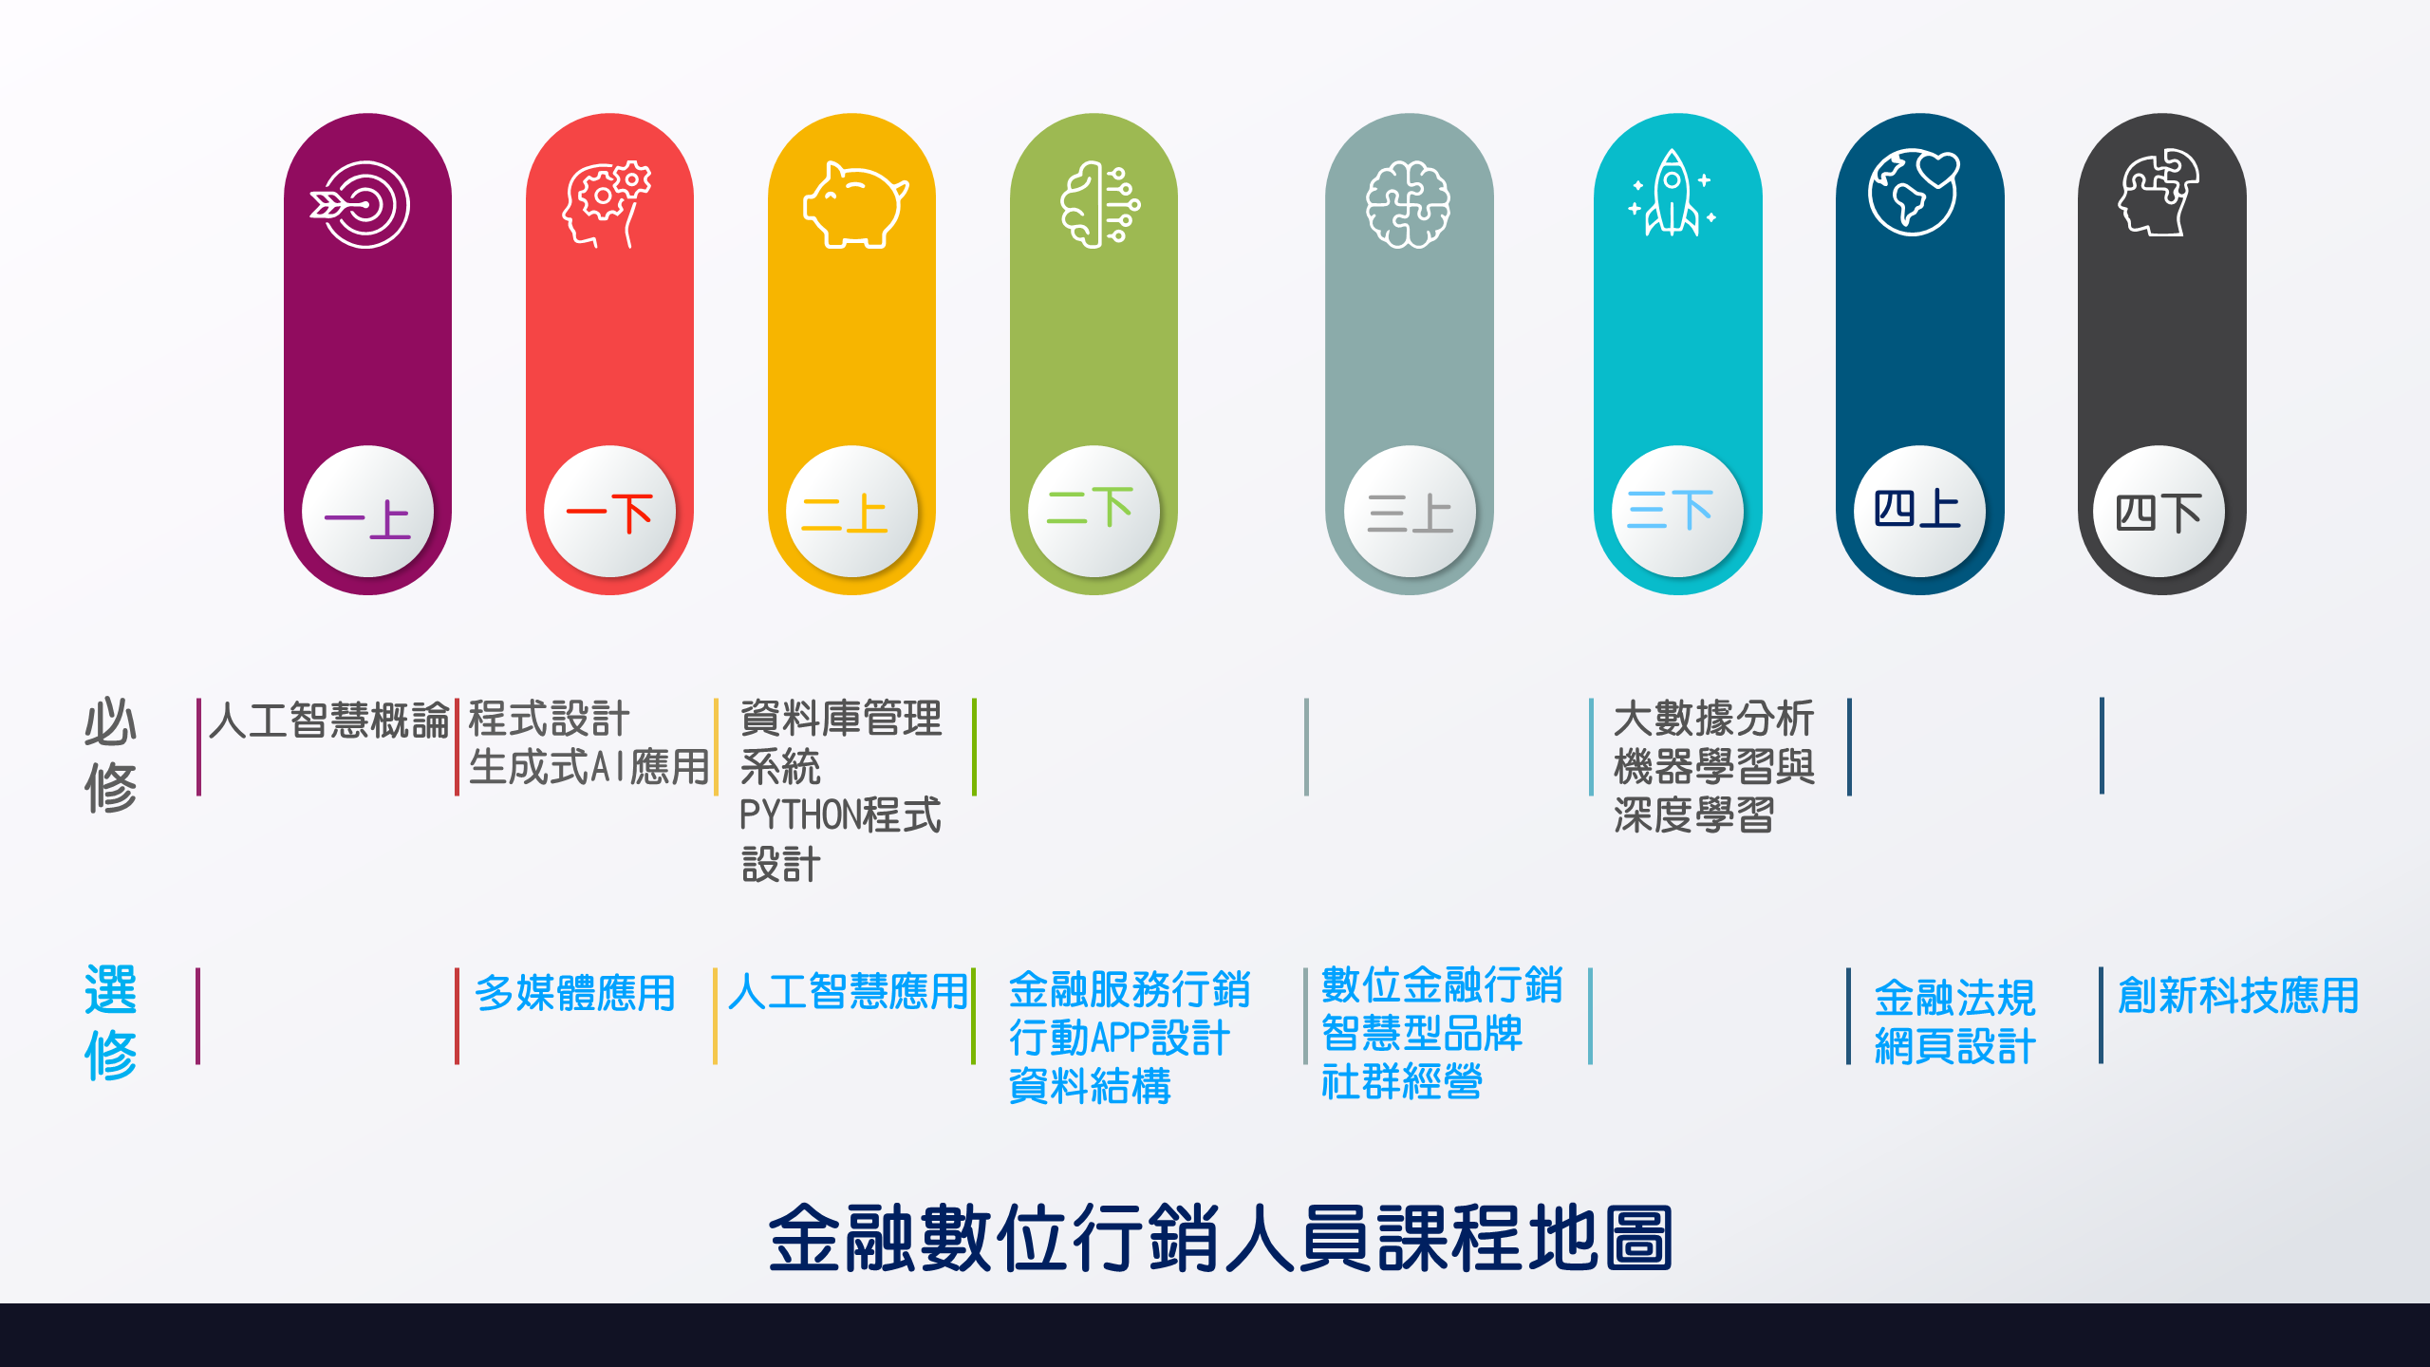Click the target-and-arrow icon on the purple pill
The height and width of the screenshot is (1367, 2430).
[x=360, y=204]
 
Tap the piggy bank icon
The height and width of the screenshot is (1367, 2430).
[x=855, y=205]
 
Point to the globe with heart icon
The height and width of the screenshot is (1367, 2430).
[x=1914, y=192]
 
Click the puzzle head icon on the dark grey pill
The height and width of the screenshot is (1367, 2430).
[x=2159, y=192]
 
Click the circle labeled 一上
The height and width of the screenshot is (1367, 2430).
[x=367, y=511]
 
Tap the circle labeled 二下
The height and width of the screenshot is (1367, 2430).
[x=1093, y=511]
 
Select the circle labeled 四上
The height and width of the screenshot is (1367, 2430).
[x=1919, y=511]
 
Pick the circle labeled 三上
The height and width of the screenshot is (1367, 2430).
[x=1410, y=511]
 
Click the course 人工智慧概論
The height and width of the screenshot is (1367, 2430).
[x=328, y=720]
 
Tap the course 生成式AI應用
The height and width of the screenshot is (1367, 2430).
[x=589, y=767]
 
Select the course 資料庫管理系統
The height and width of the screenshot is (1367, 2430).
[x=841, y=742]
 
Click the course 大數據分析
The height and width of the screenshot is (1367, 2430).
[x=1713, y=719]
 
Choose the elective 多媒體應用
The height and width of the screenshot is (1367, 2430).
[x=575, y=993]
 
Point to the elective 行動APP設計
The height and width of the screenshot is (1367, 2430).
[x=1119, y=1038]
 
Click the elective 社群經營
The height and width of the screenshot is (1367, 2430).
[x=1401, y=1081]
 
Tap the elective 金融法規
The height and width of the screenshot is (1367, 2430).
[x=1954, y=998]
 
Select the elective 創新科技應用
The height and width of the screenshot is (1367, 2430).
[x=2238, y=995]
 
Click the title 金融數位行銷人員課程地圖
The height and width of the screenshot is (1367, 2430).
[x=1220, y=1238]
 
